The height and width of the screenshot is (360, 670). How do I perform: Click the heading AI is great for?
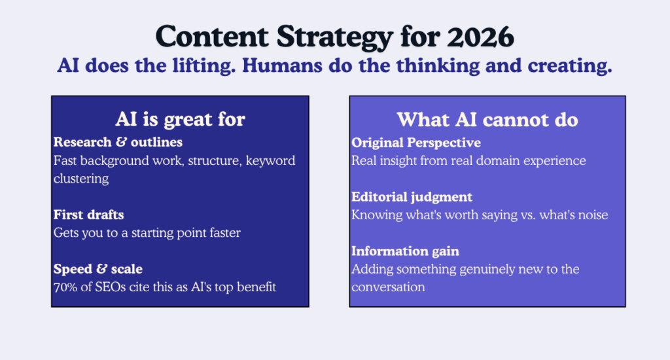point(180,119)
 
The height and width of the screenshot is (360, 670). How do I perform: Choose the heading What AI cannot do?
point(487,120)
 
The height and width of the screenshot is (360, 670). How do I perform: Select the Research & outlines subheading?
point(118,142)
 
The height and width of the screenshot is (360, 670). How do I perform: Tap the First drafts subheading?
point(90,215)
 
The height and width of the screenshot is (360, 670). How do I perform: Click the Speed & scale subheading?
point(98,270)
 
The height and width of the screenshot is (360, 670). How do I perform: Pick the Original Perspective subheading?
point(416,143)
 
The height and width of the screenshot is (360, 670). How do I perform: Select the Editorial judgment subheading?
point(412,196)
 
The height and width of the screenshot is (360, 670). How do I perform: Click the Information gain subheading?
point(405,251)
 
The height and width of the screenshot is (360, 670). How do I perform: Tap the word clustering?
point(81,179)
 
